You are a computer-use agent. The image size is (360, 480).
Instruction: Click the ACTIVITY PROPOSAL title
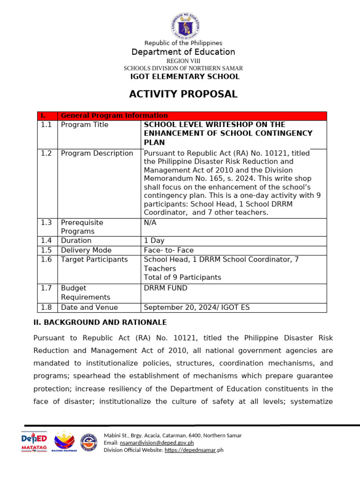pos(183,94)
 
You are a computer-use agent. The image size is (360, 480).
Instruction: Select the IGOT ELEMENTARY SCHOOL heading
pos(185,76)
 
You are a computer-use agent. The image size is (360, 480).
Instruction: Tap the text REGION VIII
pos(183,61)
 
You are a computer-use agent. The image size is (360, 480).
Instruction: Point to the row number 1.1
pos(46,125)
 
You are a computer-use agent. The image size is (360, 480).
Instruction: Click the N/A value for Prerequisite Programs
pos(150,223)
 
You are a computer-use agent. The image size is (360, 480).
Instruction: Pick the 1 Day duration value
pos(154,240)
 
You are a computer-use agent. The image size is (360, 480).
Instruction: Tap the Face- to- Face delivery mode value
pos(169,250)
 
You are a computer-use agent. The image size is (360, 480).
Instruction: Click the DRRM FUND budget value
pos(165,288)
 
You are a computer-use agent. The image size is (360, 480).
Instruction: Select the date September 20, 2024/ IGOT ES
pos(197,307)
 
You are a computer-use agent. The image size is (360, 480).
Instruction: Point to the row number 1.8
pos(46,307)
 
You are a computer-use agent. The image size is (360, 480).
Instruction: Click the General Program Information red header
pos(114,116)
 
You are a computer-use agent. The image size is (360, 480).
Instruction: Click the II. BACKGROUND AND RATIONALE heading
pos(100,322)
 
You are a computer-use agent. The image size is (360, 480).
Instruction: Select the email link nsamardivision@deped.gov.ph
pos(157,442)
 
